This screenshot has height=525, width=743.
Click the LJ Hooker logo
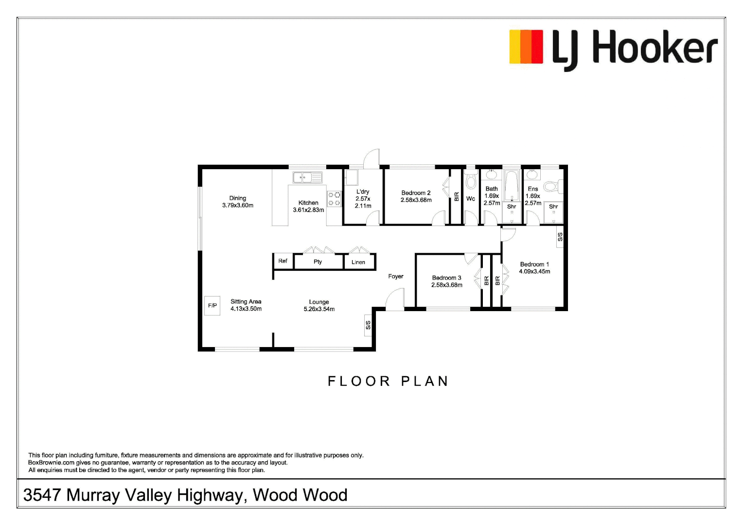click(613, 49)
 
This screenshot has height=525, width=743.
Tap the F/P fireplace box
click(212, 306)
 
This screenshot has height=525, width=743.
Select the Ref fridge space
click(283, 261)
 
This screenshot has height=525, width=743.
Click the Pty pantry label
click(318, 262)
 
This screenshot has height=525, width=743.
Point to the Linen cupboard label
click(358, 262)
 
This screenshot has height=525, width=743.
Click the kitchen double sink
click(307, 177)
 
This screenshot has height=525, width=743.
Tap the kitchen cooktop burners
click(334, 199)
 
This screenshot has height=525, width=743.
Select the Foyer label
click(396, 276)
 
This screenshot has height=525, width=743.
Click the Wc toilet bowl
click(470, 182)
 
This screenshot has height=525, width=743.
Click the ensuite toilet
click(551, 186)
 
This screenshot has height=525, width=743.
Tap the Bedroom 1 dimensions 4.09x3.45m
click(534, 272)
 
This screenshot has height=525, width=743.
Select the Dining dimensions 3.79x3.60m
click(238, 205)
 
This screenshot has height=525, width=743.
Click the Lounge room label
click(319, 302)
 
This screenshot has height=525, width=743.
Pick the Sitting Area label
click(246, 301)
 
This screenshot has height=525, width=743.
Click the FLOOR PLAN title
click(388, 381)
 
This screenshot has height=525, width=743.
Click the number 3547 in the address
click(42, 495)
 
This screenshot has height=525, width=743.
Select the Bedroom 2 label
click(416, 193)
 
